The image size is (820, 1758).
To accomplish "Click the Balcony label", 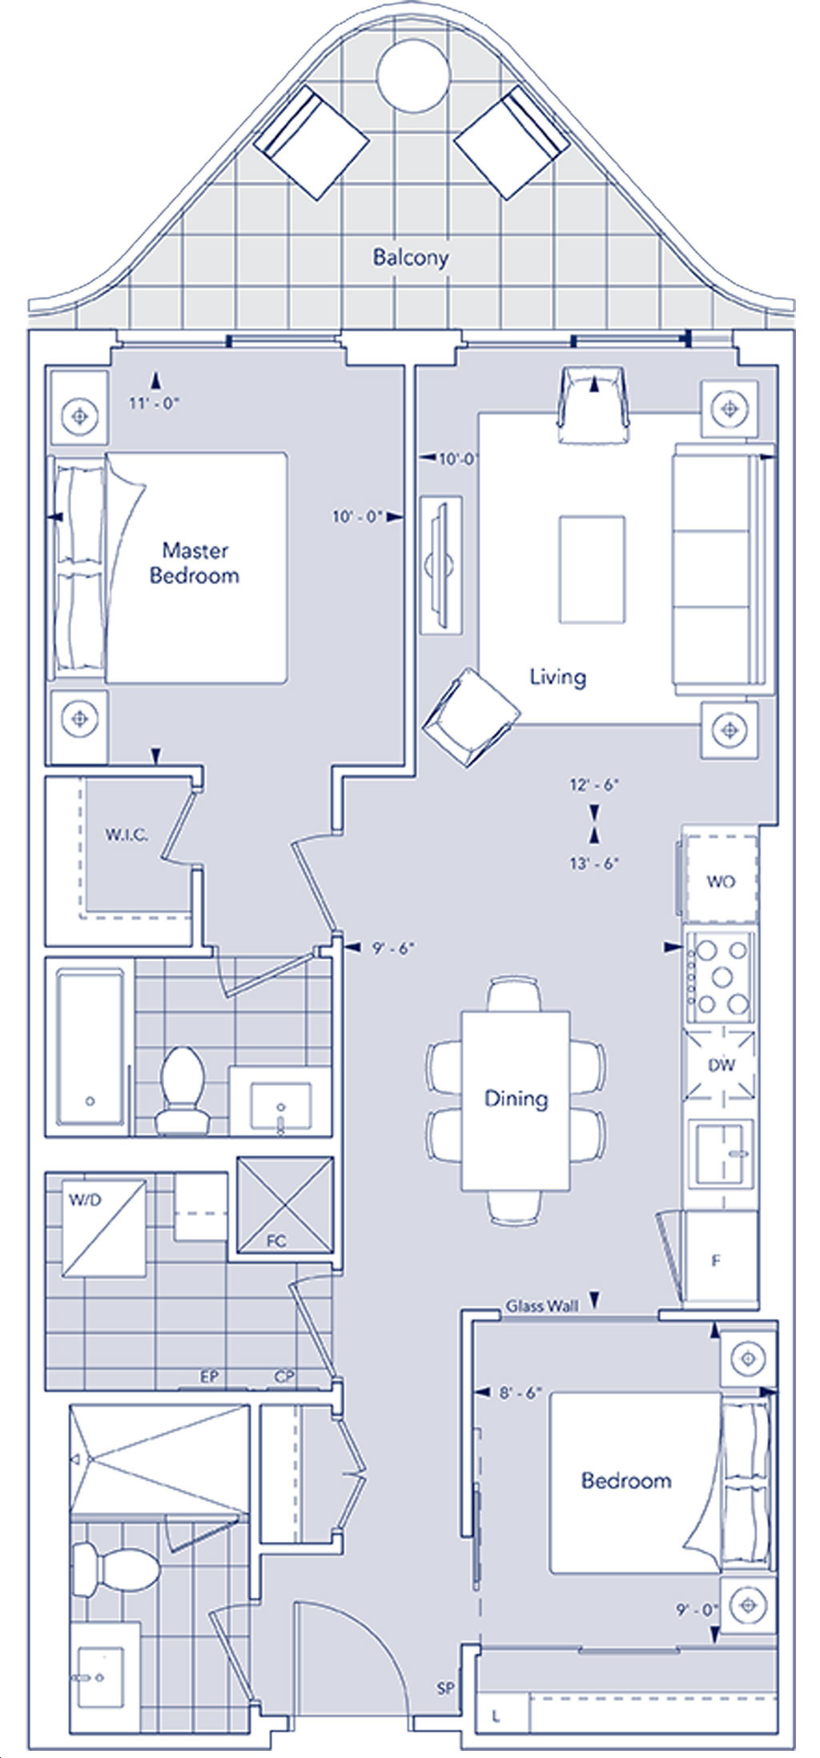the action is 410,258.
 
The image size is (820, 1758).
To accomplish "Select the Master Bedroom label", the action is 195,563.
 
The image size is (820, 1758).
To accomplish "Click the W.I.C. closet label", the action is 127,835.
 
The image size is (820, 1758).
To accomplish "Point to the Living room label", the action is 558,677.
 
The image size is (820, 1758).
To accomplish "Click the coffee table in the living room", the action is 592,569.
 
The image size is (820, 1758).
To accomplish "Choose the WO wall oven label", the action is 721,882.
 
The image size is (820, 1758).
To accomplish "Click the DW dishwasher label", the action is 721,1065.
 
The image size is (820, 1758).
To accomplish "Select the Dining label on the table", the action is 516,1098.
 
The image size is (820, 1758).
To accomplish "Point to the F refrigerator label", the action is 716,1261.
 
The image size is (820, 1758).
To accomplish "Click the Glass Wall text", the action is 541,1306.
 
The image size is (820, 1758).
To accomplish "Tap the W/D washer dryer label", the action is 85,1200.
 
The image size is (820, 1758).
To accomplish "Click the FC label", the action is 276,1241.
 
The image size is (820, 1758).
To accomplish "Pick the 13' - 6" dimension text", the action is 594,863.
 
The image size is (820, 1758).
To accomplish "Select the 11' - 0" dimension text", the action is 154,403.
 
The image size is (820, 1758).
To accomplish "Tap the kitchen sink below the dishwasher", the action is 723,1152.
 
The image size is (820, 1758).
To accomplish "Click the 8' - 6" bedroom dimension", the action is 521,1393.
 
